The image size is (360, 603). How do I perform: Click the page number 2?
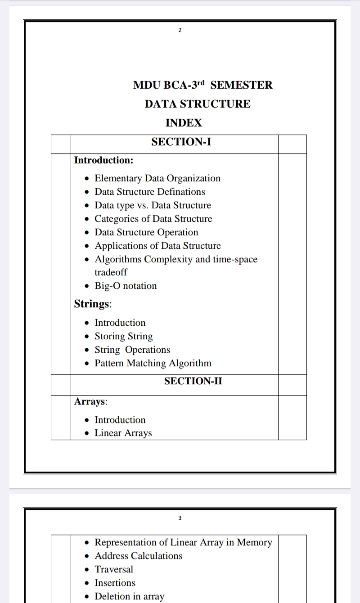point(180,30)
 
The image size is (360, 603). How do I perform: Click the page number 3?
point(180,518)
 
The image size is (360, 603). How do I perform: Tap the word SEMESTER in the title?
point(241,85)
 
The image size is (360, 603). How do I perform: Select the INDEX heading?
point(184,123)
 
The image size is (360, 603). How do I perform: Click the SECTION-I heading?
point(181,142)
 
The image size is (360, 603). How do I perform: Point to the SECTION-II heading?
point(193,381)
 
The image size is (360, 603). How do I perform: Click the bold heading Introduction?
point(103,160)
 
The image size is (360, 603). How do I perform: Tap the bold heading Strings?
point(92,304)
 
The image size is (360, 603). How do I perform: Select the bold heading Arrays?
point(90,401)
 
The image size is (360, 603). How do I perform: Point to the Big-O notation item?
point(126,286)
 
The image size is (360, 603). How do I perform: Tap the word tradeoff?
point(111,272)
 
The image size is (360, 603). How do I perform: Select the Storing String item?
point(123,336)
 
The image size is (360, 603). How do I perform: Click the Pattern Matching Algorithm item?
point(153,363)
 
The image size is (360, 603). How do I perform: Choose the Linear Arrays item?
point(123,433)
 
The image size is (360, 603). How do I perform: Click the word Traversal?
point(114,569)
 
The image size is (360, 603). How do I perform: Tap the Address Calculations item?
point(138,556)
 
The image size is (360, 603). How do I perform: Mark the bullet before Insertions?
point(87,583)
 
